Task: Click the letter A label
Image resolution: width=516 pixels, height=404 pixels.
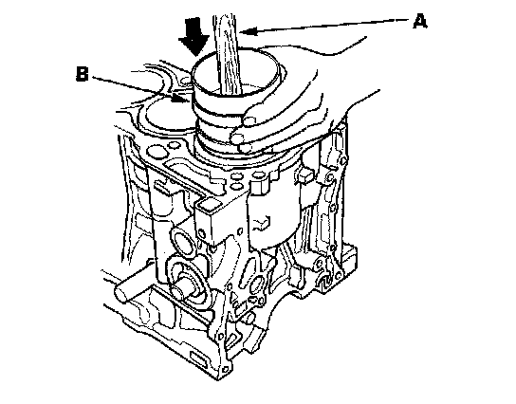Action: point(420,21)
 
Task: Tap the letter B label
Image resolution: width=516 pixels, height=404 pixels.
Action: point(83,74)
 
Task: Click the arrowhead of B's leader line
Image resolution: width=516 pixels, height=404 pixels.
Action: point(182,98)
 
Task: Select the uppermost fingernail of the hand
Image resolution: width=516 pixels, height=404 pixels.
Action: point(249,121)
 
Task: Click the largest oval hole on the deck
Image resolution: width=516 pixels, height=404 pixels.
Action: point(156,153)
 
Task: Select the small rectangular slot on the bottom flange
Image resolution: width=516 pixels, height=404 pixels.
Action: point(198,358)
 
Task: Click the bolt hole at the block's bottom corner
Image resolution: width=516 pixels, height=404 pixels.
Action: point(225,370)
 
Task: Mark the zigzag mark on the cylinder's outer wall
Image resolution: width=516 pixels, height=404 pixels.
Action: point(262,223)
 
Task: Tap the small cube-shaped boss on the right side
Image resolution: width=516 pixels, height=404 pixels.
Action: point(304,175)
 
